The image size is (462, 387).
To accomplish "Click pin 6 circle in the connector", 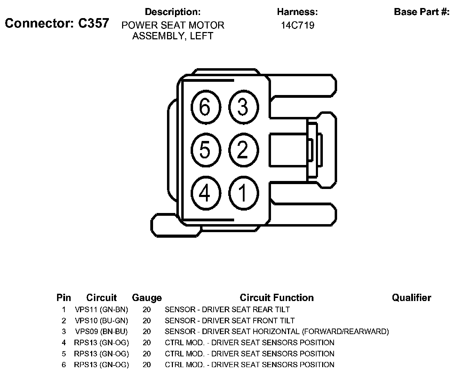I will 206,107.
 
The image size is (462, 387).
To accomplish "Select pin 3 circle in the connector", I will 243,107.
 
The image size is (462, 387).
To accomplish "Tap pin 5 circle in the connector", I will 206,150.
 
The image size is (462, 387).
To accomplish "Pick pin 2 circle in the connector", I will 243,150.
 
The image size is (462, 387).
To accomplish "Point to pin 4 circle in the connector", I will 206,193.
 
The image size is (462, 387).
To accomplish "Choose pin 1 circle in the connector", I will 243,193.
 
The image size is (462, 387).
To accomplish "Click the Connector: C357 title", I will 57,23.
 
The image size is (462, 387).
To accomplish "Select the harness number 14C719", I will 297,25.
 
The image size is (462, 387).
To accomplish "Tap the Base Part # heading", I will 421,12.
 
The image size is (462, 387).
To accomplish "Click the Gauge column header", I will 147,298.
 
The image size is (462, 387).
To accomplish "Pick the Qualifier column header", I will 411,298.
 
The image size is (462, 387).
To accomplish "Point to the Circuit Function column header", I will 277,298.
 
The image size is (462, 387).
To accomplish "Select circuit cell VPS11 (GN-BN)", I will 101,309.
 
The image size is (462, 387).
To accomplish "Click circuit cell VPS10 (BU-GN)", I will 101,321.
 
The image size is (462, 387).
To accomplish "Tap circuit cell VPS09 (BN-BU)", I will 101,332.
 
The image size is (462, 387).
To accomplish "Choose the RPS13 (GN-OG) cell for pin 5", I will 101,354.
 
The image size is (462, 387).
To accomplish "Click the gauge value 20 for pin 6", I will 147,365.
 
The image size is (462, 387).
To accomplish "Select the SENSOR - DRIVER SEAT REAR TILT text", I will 227,309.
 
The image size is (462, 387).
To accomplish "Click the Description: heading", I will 173,12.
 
